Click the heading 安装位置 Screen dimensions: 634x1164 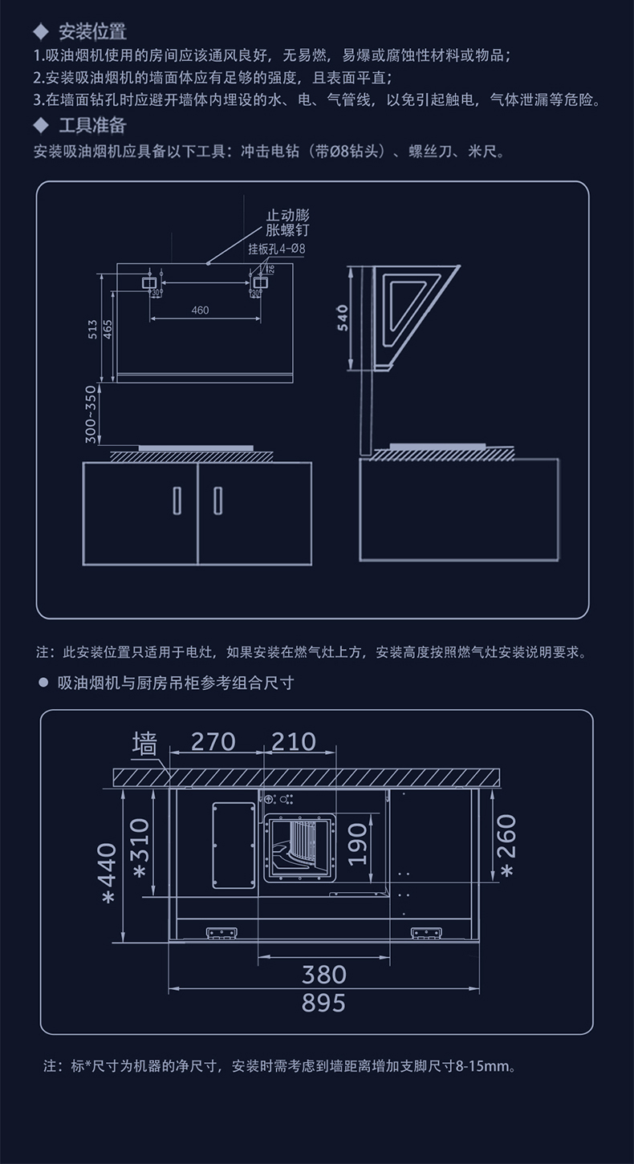pyautogui.click(x=92, y=32)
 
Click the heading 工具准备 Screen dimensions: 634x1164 pyautogui.click(x=92, y=125)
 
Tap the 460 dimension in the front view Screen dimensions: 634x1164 pyautogui.click(x=201, y=310)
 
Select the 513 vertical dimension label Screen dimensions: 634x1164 pyautogui.click(x=93, y=328)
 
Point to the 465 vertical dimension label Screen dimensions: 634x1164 pyautogui.click(x=108, y=328)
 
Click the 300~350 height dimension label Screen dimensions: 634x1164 pyautogui.click(x=91, y=414)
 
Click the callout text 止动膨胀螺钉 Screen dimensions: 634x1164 pyautogui.click(x=287, y=223)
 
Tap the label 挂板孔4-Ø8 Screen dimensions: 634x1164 pyautogui.click(x=277, y=249)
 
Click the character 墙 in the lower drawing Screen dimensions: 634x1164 pyautogui.click(x=144, y=744)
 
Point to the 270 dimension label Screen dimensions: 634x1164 pyautogui.click(x=213, y=741)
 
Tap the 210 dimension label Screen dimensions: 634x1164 pyautogui.click(x=293, y=741)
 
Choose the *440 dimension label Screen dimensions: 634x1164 pyautogui.click(x=107, y=872)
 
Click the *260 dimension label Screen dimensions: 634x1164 pyautogui.click(x=508, y=846)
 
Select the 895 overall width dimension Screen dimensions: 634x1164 pyautogui.click(x=323, y=1002)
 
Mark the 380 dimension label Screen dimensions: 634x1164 pyautogui.click(x=323, y=974)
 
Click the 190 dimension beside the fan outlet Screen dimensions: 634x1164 pyautogui.click(x=359, y=844)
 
